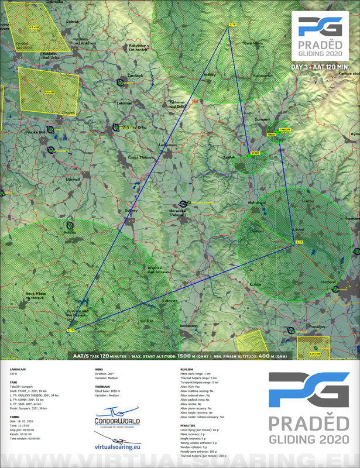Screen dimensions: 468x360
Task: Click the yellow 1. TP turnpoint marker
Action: [232, 25]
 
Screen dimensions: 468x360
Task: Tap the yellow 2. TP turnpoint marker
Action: [71, 330]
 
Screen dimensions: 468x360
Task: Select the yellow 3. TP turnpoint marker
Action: [299, 242]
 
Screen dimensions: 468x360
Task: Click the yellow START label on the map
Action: [255, 153]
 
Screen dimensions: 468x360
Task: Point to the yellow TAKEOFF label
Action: [285, 129]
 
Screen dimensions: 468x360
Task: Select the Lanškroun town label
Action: [168, 145]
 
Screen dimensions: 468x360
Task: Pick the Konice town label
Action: [255, 284]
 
